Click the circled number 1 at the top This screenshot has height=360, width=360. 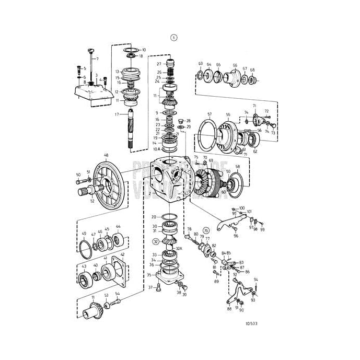coord(174,37)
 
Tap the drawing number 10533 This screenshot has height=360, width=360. coord(252,323)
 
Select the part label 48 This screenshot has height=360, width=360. coord(106,155)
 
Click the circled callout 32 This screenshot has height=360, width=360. coord(156,241)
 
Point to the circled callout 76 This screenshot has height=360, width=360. coord(206,230)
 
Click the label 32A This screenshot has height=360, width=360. coord(179,249)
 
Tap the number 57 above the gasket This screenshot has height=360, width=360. coord(210,114)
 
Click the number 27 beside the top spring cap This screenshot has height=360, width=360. coord(159,64)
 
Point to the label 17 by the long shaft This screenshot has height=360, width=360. coord(118,114)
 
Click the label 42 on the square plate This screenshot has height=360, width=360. coord(122,255)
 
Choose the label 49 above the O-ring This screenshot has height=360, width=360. coord(84,234)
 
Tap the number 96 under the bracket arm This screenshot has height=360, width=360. coord(236,236)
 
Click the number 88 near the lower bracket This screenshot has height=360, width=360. coord(229,309)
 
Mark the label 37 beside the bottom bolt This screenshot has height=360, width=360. coord(150,287)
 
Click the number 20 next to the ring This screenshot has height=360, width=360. coord(154,216)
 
